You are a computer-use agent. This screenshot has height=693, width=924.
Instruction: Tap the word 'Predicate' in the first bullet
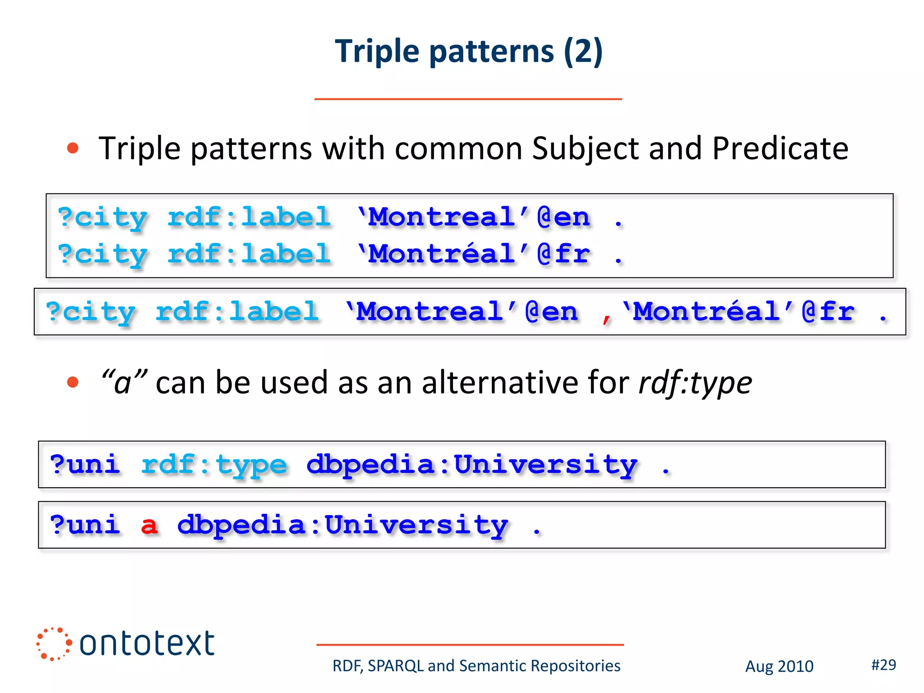pyautogui.click(x=780, y=148)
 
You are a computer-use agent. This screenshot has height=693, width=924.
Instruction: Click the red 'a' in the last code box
pyautogui.click(x=149, y=526)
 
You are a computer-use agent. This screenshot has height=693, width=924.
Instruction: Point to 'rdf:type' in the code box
pyautogui.click(x=214, y=465)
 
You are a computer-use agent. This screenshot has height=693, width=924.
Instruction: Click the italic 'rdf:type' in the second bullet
pyautogui.click(x=695, y=383)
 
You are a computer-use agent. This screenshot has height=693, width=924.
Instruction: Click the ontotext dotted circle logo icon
pyautogui.click(x=54, y=643)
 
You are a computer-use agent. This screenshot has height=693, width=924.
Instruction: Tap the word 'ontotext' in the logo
pyautogui.click(x=147, y=643)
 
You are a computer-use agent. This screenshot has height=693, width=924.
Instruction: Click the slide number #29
pyautogui.click(x=883, y=665)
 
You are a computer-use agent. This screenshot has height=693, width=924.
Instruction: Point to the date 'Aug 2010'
pyautogui.click(x=779, y=666)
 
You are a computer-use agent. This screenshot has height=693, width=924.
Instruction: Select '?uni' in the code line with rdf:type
pyautogui.click(x=85, y=465)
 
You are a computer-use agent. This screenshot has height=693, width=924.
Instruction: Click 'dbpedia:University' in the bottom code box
pyautogui.click(x=342, y=526)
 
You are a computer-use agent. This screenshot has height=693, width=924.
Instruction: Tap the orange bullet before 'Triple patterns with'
pyautogui.click(x=73, y=148)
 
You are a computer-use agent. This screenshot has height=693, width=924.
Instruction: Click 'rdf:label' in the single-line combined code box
pyautogui.click(x=237, y=312)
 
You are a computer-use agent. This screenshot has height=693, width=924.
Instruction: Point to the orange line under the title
pyautogui.click(x=468, y=99)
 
